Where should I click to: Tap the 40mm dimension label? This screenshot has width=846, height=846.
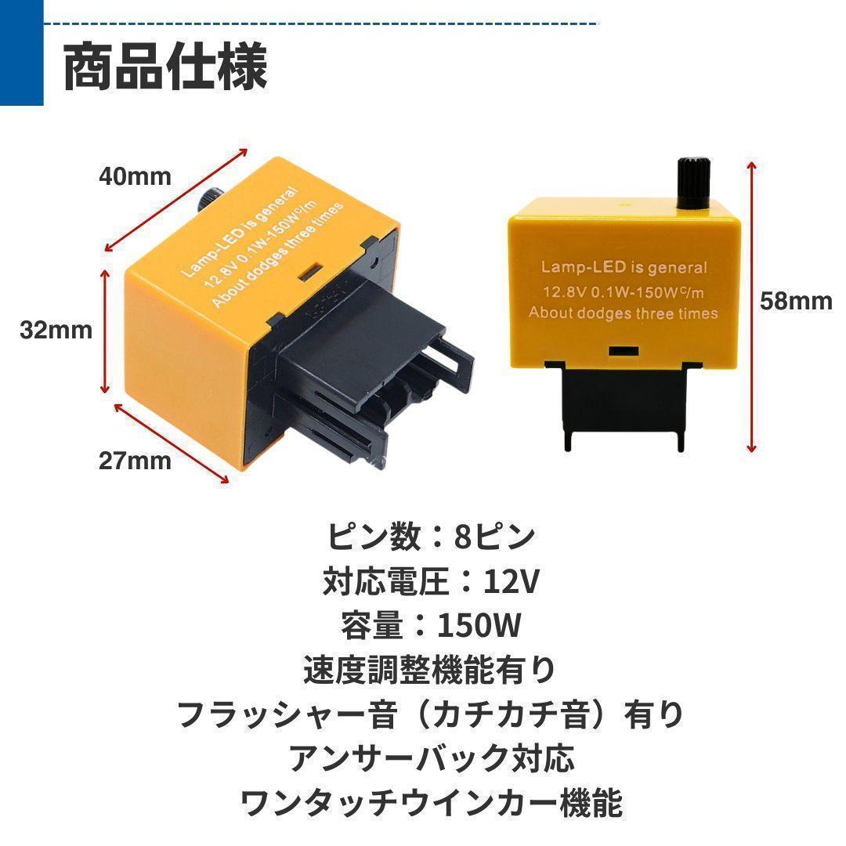135,176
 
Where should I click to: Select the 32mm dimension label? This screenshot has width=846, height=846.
56,331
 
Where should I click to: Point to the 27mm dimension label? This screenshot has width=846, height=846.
135,461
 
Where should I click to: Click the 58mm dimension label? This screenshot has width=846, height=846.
797,301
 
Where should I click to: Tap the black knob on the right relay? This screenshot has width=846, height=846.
692,183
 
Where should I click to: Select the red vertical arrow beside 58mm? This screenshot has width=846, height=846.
751,306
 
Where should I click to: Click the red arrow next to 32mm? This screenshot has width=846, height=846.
105,332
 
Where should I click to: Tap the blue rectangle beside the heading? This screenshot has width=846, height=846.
22,53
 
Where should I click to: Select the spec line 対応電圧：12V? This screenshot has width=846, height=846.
431,581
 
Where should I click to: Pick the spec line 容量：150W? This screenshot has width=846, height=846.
431,625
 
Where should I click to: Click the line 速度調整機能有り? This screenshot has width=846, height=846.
430,670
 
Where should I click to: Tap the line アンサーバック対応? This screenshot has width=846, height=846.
432,758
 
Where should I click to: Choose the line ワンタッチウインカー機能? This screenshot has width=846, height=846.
432,803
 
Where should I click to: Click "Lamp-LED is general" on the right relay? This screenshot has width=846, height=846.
624,267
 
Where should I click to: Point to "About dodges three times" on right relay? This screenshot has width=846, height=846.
624,313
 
